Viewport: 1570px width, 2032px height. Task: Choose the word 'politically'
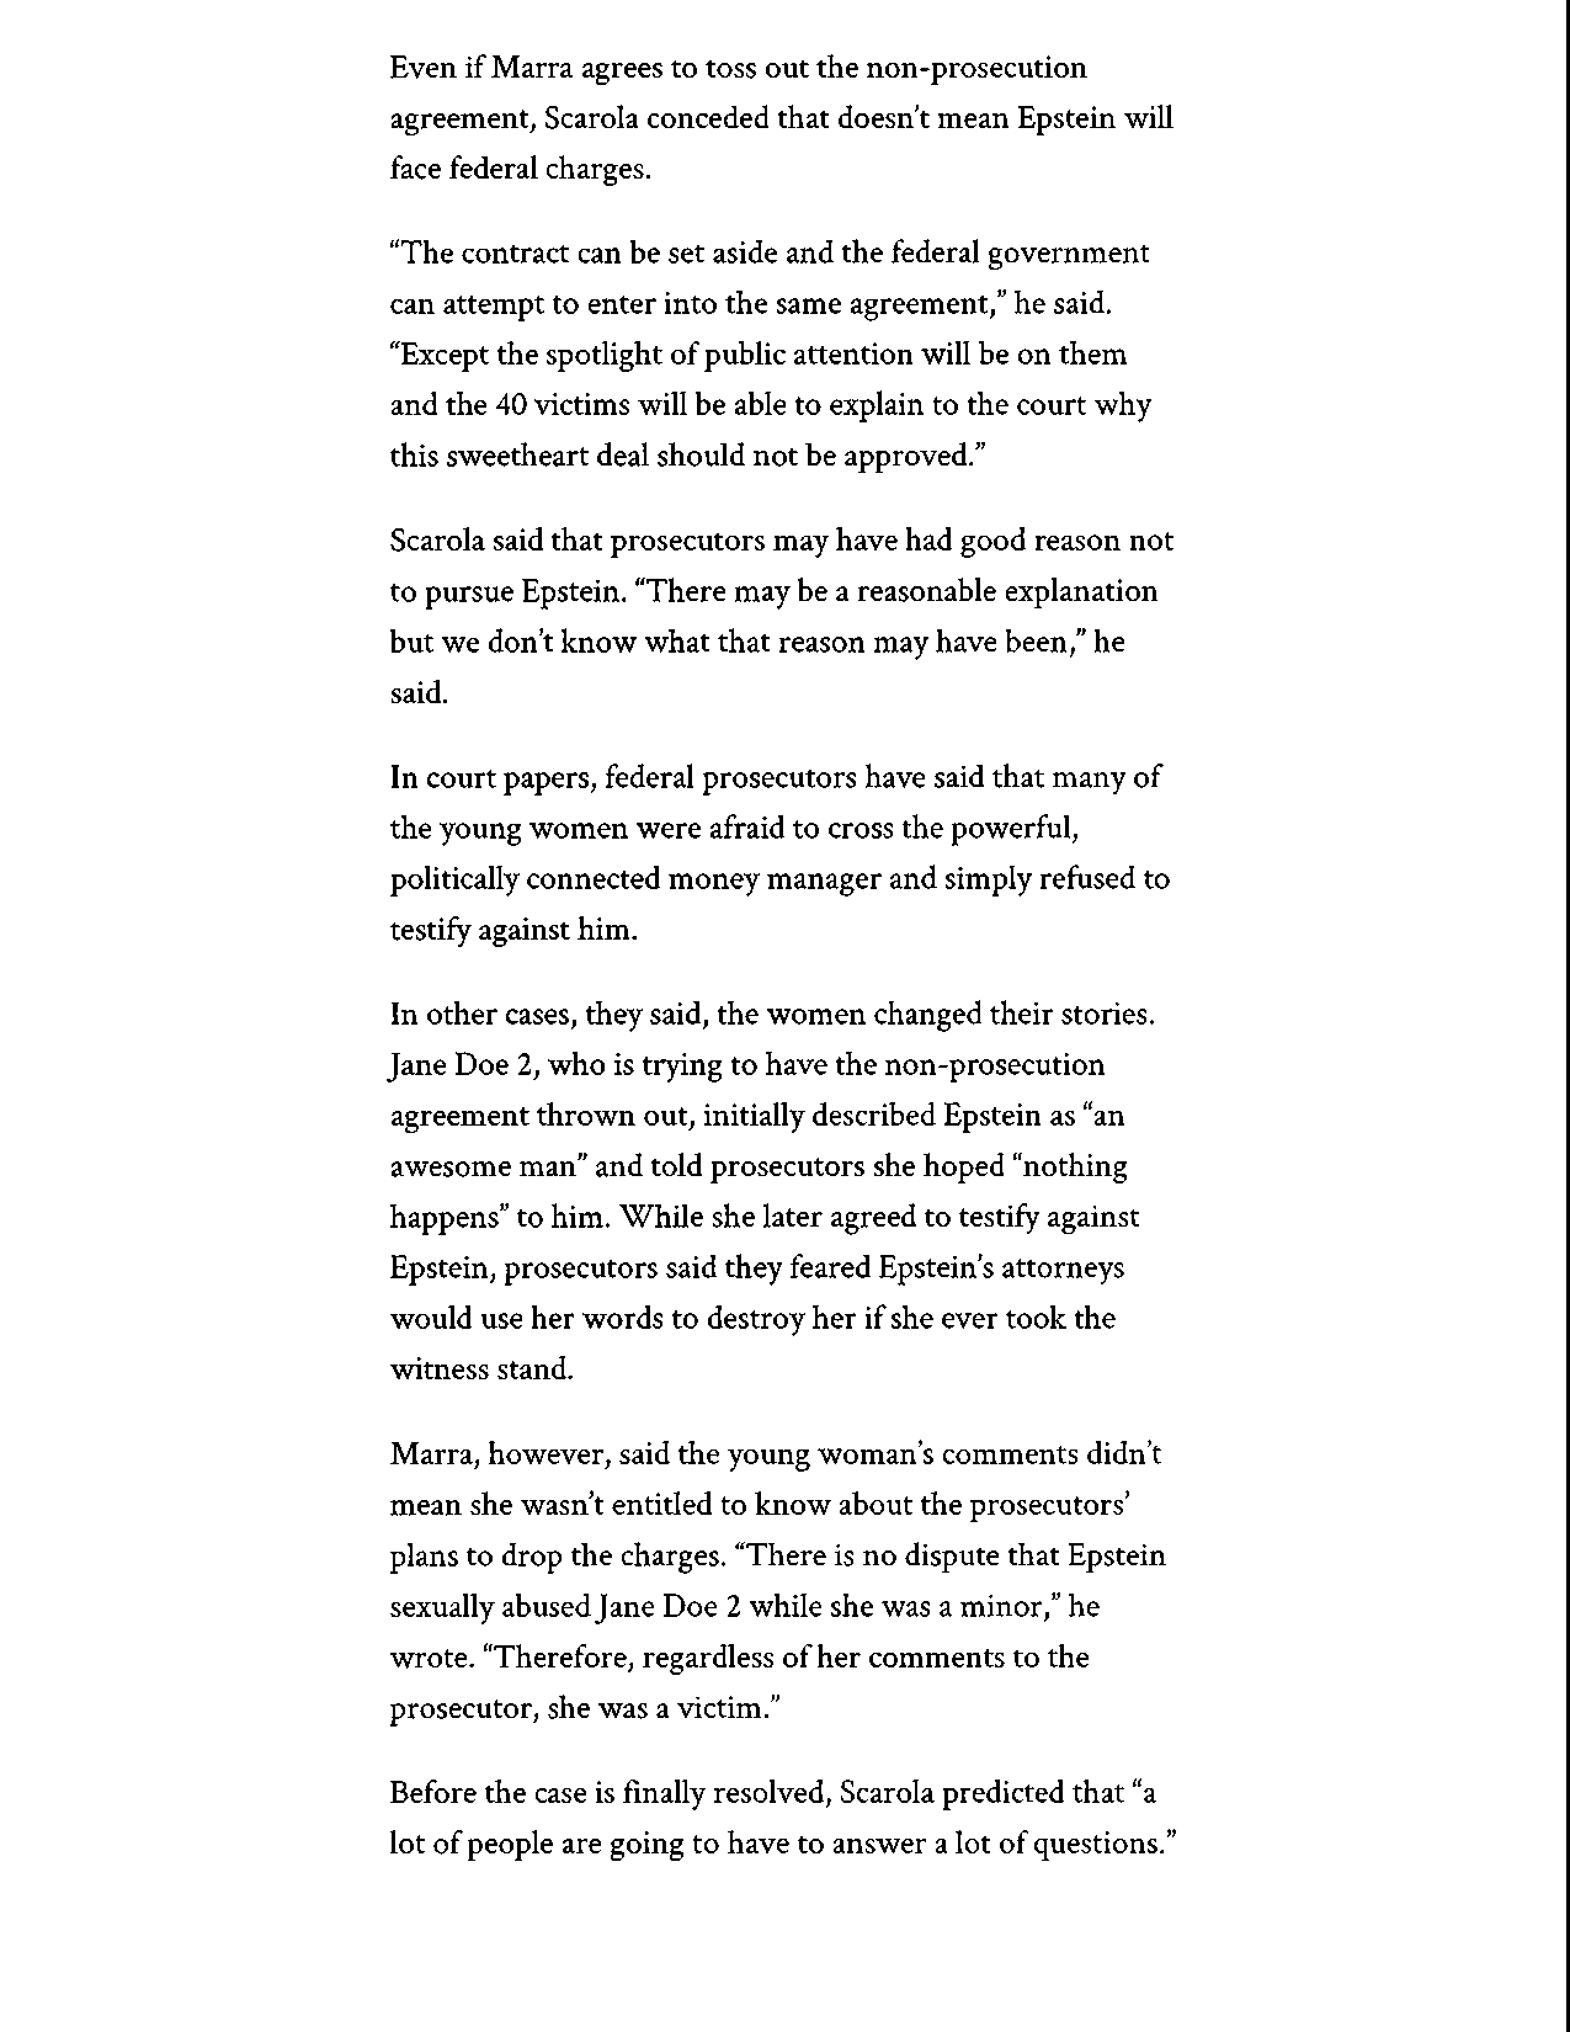[454, 879]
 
